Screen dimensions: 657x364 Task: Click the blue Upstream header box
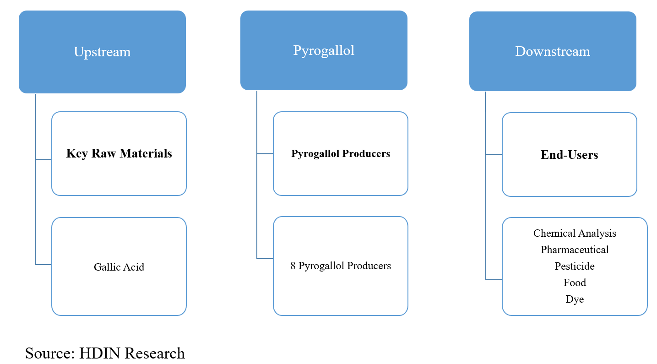102,52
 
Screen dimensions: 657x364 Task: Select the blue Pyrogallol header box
324,50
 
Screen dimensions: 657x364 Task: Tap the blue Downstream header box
553,51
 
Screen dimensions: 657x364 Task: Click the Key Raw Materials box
119,153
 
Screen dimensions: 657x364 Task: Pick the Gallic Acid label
119,267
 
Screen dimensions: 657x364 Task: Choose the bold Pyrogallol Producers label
341,154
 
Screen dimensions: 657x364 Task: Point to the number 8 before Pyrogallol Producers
293,266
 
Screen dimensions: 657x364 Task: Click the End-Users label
569,155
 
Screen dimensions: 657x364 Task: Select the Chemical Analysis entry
575,233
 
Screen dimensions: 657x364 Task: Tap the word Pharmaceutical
575,250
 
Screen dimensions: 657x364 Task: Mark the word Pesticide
575,266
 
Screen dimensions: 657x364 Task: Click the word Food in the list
575,283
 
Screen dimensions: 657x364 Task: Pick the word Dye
575,299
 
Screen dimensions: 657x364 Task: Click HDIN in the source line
100,353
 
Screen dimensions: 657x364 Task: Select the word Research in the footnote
155,353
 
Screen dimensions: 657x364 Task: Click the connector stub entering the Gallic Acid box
43,265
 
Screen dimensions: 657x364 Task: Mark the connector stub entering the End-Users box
494,155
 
